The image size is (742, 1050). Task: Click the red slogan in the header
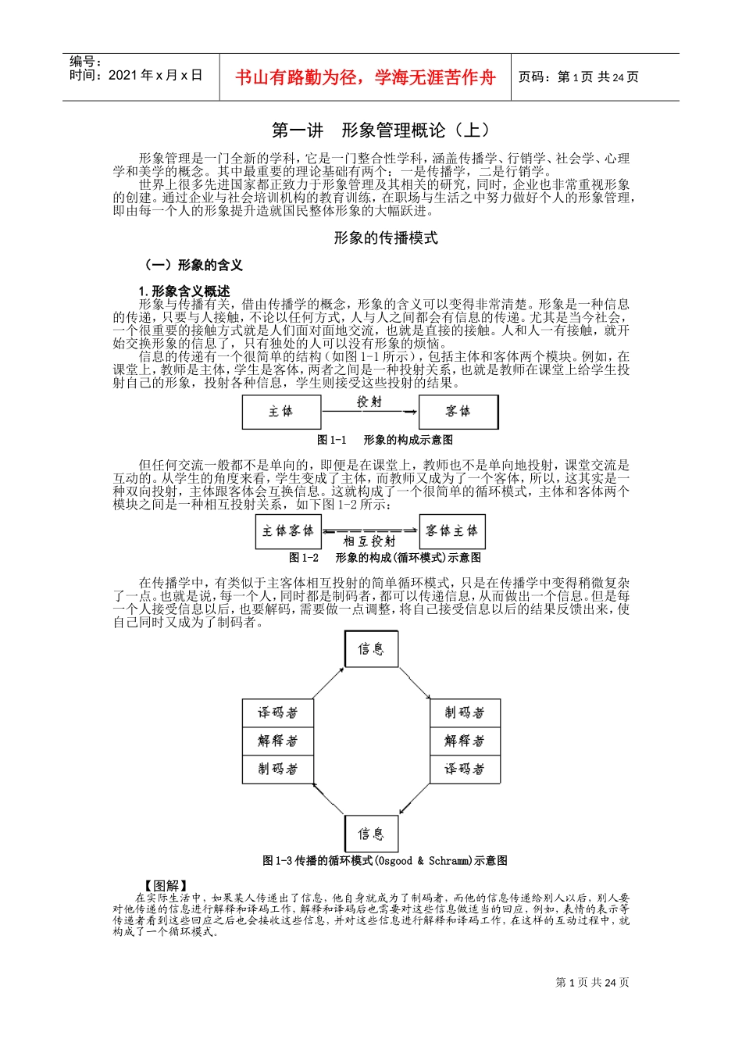tap(365, 77)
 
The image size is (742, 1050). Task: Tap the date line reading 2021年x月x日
tap(136, 76)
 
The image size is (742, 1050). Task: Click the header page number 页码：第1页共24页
tap(578, 77)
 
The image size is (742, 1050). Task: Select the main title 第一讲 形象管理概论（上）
tap(380, 130)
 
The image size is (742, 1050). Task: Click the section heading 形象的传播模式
tap(385, 237)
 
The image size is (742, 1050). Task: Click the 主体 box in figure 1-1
tap(281, 412)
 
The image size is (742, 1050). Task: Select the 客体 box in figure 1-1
tap(458, 412)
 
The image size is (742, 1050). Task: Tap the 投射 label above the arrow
tap(369, 402)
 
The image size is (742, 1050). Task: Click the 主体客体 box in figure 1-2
tap(288, 531)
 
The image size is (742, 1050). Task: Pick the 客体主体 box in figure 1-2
tap(452, 531)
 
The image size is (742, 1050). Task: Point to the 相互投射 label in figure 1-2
tap(369, 541)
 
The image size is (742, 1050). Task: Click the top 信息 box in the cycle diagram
tap(371, 649)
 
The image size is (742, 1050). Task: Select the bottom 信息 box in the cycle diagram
tap(371, 834)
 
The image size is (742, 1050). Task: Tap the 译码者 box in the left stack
tap(277, 712)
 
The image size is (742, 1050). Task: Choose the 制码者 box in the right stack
tap(465, 712)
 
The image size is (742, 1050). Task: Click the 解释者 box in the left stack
tap(277, 741)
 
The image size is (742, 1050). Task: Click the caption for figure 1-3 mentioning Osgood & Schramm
tap(385, 861)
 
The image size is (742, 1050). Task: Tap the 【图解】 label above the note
tap(166, 885)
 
